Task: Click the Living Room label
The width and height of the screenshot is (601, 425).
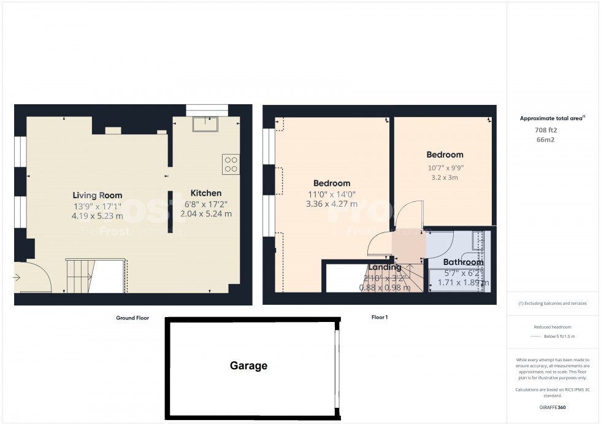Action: [97, 195]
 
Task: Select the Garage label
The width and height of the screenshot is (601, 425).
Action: [248, 366]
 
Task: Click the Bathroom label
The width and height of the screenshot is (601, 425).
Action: [463, 262]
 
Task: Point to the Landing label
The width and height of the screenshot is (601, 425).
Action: [385, 267]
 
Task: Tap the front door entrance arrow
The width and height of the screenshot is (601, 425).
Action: [17, 278]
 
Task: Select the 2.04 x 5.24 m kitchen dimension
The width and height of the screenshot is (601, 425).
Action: [205, 213]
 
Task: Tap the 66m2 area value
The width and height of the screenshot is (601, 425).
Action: [545, 140]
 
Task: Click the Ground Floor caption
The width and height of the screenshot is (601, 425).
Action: [132, 318]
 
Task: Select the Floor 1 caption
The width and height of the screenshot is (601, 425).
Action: [379, 318]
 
